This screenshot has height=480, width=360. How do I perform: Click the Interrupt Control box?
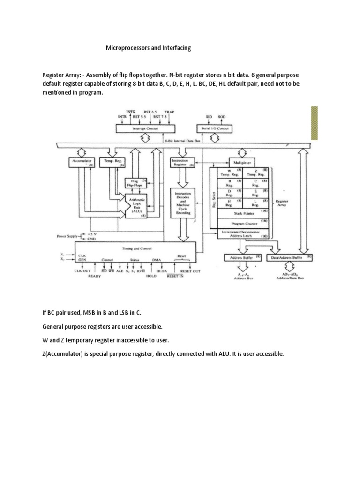[145, 128]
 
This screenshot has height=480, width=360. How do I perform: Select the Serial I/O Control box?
[215, 128]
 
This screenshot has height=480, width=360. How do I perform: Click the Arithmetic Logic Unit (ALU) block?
[137, 205]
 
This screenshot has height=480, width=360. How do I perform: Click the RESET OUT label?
[190, 271]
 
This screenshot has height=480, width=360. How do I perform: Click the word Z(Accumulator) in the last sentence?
[65, 354]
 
